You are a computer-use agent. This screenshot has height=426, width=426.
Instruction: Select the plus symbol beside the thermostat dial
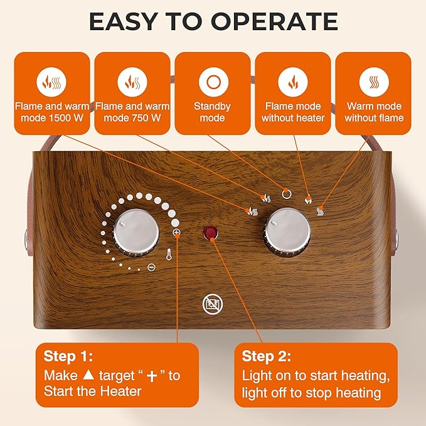[x=176, y=233]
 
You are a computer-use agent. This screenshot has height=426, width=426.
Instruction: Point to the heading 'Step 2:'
[x=266, y=356]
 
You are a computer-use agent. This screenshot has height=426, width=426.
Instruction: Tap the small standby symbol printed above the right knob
[x=287, y=193]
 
